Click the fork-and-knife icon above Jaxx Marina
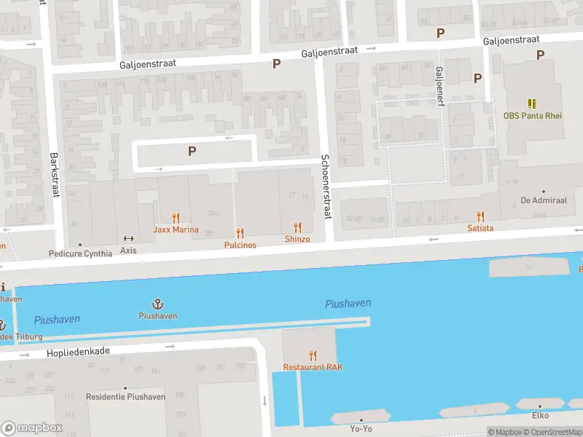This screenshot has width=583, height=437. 175,217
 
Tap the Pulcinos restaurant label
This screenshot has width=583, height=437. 240,245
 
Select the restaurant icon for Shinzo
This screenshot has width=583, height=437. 297,228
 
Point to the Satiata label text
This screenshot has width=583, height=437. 480,228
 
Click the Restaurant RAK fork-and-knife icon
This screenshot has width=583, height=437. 313,355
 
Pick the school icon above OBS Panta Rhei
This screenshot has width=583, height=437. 532,103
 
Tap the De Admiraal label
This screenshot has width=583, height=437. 539,200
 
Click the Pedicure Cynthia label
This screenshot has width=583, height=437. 80,253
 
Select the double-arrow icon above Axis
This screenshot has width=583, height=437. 128,238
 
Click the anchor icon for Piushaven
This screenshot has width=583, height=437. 158,304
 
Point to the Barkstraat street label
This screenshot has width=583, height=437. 53,174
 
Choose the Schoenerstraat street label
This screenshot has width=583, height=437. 326,186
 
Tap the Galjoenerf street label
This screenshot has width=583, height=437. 439,86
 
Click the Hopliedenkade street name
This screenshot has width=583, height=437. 78,351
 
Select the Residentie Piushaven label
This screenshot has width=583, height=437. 125,397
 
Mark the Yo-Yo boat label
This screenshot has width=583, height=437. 361,429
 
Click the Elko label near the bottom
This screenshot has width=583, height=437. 540,415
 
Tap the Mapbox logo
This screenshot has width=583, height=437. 32,428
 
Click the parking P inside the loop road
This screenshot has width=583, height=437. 192,151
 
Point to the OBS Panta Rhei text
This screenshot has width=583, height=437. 532,116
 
